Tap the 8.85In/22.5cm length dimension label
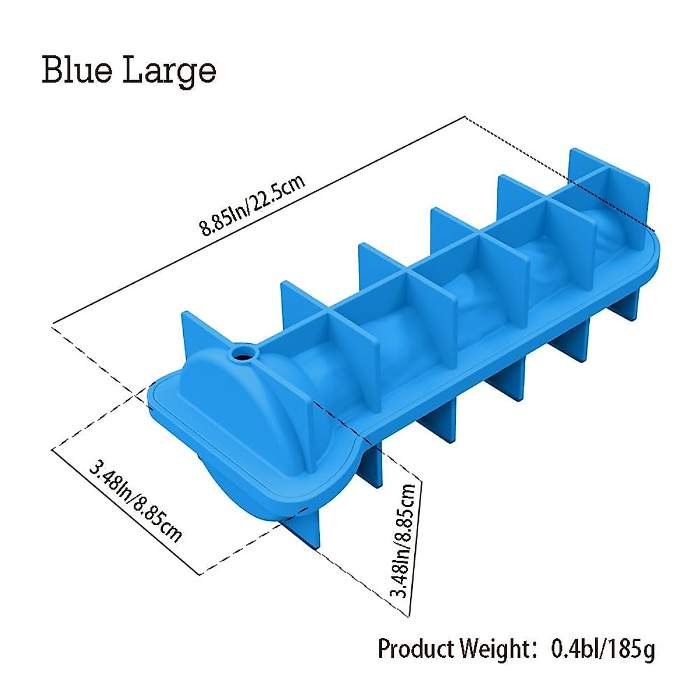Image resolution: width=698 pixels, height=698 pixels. (x=252, y=206)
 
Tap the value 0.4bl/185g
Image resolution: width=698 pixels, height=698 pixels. (x=603, y=648)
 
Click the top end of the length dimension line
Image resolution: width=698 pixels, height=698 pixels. (x=465, y=117)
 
